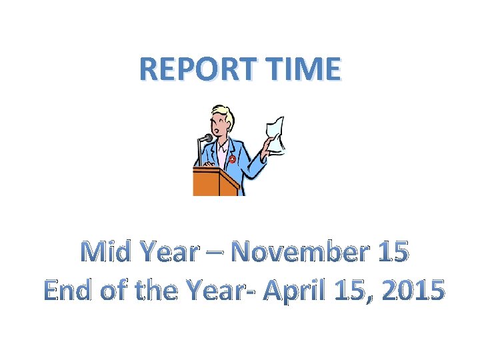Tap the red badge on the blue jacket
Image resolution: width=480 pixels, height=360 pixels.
[231, 159]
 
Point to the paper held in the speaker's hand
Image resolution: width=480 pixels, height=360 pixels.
[275, 133]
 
